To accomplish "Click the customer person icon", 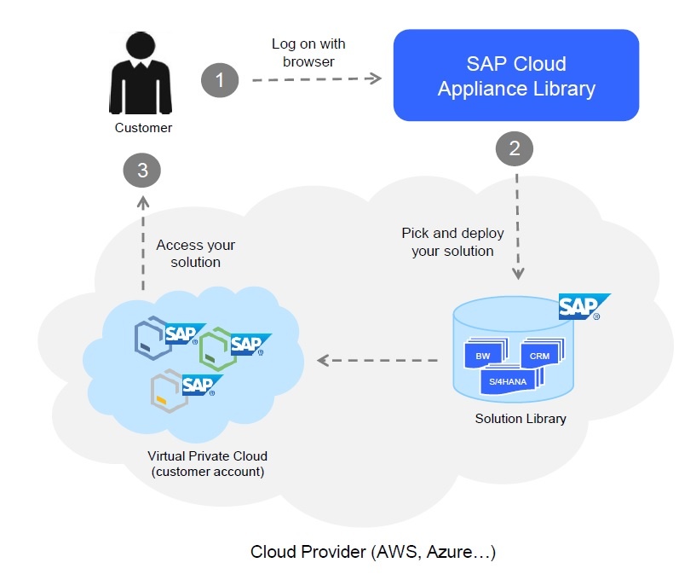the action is pyautogui.click(x=141, y=72).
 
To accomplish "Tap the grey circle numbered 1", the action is pyautogui.click(x=220, y=80).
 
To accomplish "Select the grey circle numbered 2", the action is pyautogui.click(x=515, y=148).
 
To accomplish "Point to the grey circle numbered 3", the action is pyautogui.click(x=142, y=171).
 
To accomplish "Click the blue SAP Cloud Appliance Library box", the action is pyautogui.click(x=516, y=75).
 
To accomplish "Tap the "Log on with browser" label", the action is pyautogui.click(x=308, y=52).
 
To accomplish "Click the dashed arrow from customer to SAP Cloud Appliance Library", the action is pyautogui.click(x=317, y=79).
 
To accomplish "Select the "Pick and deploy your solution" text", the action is pyautogui.click(x=452, y=241).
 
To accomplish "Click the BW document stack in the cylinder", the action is pyautogui.click(x=486, y=353).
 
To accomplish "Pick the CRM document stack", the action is pyautogui.click(x=543, y=352).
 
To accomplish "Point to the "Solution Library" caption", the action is pyautogui.click(x=521, y=419).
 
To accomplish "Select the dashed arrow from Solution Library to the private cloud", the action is pyautogui.click(x=377, y=360).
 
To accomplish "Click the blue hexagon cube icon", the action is pyautogui.click(x=153, y=338).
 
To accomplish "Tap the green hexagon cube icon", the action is pyautogui.click(x=218, y=349).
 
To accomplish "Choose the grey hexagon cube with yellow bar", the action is pyautogui.click(x=170, y=391).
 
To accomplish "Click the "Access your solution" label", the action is pyautogui.click(x=196, y=253).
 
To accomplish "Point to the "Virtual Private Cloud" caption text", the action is pyautogui.click(x=207, y=456).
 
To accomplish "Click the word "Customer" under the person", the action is pyautogui.click(x=143, y=128).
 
